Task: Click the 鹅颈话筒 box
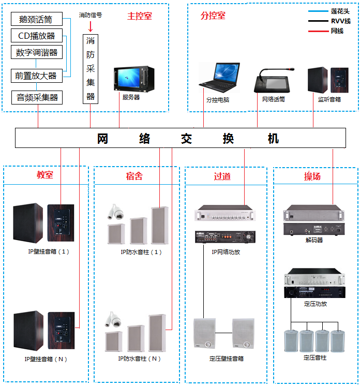point(36,20)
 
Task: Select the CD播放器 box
point(36,36)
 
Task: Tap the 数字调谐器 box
point(36,52)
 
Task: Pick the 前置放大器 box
point(36,76)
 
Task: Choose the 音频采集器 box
point(36,97)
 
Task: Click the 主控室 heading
point(140,16)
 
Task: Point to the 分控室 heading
point(213,16)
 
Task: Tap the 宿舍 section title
point(134,176)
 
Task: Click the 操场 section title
point(312,176)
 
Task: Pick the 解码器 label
point(314,240)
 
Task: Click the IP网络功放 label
point(226,252)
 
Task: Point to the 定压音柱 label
point(315,357)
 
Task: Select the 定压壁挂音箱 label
point(226,358)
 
